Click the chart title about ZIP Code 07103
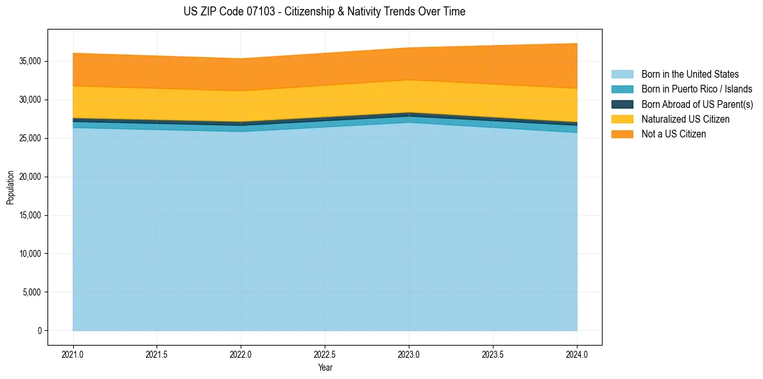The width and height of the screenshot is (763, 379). click(x=324, y=12)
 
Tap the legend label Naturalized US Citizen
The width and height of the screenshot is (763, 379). click(x=685, y=119)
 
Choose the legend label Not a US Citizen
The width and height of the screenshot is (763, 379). click(x=673, y=134)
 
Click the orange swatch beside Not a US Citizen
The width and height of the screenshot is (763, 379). click(x=622, y=134)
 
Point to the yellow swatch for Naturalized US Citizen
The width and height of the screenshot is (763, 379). click(x=622, y=119)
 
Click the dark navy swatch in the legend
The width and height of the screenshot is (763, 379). click(x=622, y=104)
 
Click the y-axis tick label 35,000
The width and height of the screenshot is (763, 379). click(x=31, y=61)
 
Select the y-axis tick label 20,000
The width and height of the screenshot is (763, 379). click(x=31, y=177)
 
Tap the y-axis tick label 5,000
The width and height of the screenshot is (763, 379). click(x=33, y=292)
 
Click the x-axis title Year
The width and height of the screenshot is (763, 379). click(x=325, y=368)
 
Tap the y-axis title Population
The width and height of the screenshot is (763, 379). click(x=10, y=188)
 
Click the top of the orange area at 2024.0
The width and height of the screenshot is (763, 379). click(x=577, y=44)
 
